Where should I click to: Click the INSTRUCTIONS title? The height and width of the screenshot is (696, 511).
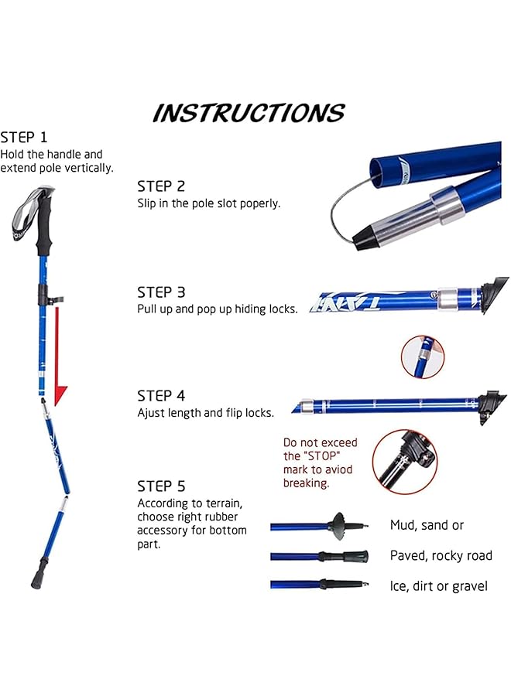tap(249, 113)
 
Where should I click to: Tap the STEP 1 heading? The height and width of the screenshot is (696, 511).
tap(24, 137)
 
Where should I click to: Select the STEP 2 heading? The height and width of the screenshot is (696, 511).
tap(161, 186)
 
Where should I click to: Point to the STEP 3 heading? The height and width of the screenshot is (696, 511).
tap(161, 292)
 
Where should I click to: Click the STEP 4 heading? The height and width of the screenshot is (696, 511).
tap(161, 395)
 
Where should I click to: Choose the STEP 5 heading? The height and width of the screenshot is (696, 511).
tap(161, 486)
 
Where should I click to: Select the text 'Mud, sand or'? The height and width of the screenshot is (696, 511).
tap(427, 525)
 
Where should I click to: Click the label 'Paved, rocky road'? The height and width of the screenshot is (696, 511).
tap(441, 555)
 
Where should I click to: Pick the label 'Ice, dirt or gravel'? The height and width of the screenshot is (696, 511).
tap(438, 586)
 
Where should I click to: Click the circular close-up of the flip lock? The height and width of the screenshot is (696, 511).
tap(403, 462)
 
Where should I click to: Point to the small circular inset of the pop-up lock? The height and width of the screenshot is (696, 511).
tap(423, 357)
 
